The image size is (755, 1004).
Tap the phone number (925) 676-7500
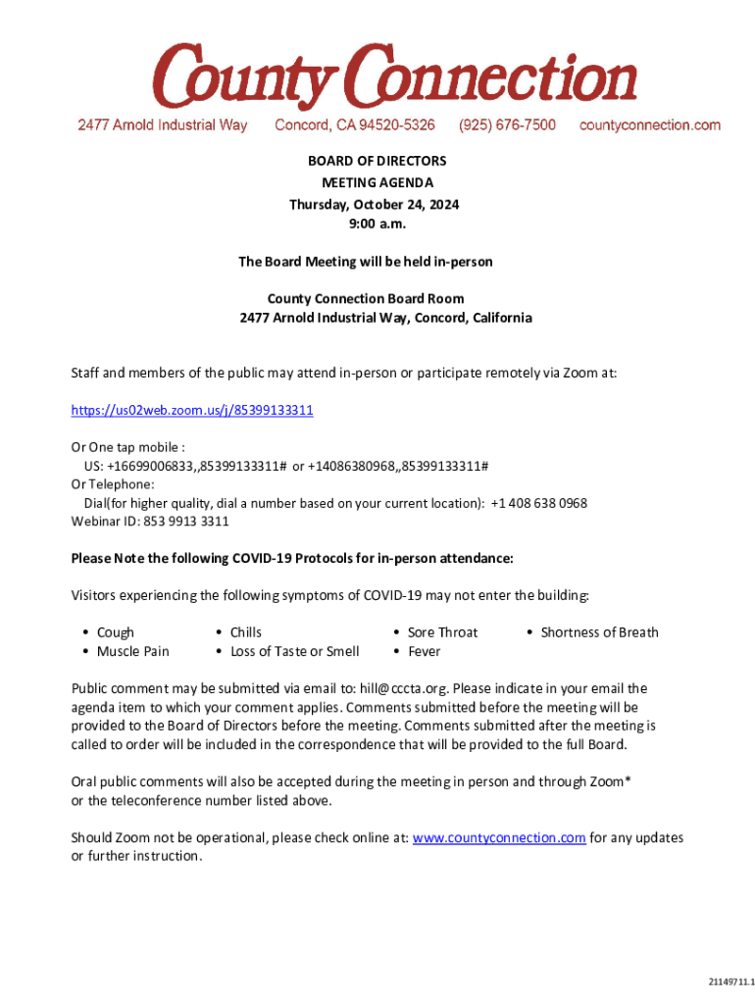507,125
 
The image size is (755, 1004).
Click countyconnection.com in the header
650,125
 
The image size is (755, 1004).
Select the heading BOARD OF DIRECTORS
377,161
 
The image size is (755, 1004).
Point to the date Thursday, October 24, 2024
374,205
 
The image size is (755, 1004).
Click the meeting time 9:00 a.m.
377,225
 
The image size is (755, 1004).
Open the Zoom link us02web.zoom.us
192,410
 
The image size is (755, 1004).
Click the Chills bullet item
245,633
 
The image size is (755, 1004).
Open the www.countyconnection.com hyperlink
499,838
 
